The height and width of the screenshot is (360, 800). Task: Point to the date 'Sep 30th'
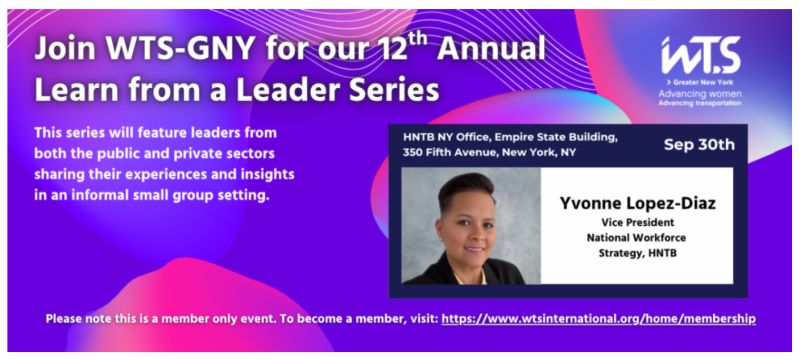pyautogui.click(x=700, y=144)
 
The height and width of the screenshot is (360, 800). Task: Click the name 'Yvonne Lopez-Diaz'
pyautogui.click(x=638, y=205)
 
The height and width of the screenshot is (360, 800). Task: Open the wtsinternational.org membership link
pyautogui.click(x=598, y=318)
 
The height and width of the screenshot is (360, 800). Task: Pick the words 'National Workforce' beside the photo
pyautogui.click(x=638, y=239)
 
